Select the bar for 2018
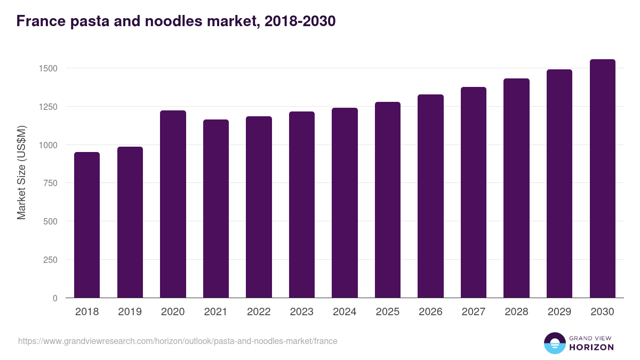(x=87, y=225)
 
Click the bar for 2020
(x=173, y=204)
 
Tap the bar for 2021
(x=215, y=209)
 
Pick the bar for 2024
(x=345, y=203)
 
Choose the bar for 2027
(x=473, y=192)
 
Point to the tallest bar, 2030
(x=602, y=178)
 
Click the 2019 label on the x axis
(x=130, y=312)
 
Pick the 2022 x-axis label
(x=259, y=312)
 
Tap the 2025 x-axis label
(x=387, y=312)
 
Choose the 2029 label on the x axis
(x=559, y=312)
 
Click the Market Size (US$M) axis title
(x=21, y=172)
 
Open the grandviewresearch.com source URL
(x=178, y=341)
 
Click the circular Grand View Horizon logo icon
(x=554, y=343)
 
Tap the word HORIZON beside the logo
(x=591, y=347)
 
